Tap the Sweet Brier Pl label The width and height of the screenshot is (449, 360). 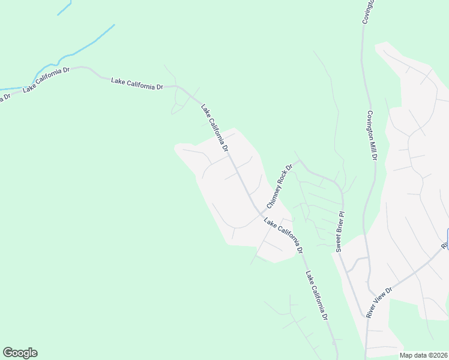coord(340,230)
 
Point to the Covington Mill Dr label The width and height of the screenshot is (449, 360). coord(372,136)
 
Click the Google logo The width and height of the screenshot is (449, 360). coord(20,353)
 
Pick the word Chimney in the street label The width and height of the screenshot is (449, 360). coord(273,195)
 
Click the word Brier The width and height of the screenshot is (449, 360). coord(340,229)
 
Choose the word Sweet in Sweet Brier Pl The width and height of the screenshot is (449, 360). coord(339,243)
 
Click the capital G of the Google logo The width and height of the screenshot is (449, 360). coord(8,352)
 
